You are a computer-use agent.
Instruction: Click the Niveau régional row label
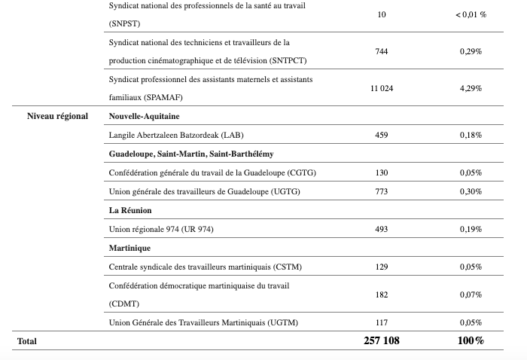[57, 116]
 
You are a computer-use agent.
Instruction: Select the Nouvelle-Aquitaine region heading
[143, 116]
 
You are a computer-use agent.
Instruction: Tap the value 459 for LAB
[381, 135]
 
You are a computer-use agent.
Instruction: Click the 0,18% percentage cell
[471, 135]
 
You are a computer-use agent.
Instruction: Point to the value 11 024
[381, 88]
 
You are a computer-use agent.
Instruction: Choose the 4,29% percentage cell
[471, 88]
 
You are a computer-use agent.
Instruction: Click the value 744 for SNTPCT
[381, 51]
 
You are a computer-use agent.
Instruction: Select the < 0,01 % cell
[471, 14]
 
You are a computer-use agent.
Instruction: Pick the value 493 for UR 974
[381, 229]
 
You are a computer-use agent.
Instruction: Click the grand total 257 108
[381, 341]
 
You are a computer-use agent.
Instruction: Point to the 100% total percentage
[471, 341]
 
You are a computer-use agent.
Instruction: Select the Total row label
[26, 341]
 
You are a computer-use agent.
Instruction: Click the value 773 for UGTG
[381, 191]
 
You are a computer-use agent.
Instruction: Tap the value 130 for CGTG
[381, 172]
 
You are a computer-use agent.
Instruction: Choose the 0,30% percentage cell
[471, 191]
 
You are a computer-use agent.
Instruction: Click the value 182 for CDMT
[381, 294]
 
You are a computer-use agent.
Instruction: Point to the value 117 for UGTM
[381, 322]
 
